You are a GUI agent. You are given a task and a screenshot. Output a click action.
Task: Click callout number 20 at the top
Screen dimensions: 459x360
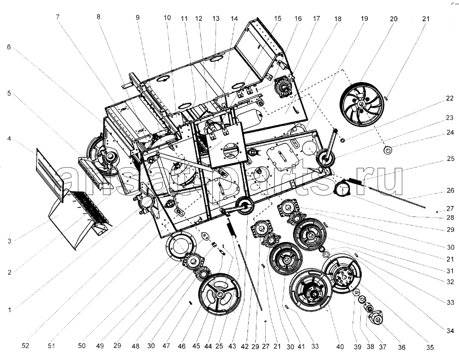[x=394, y=19]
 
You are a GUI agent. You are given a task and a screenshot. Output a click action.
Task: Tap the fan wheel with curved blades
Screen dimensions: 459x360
[x=362, y=104]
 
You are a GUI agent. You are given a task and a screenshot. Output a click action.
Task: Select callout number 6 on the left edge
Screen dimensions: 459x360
[x=9, y=47]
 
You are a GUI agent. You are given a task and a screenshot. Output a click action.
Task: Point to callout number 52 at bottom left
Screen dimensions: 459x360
[x=25, y=345]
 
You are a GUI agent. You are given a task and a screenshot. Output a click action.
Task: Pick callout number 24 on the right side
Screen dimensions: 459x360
[x=450, y=133]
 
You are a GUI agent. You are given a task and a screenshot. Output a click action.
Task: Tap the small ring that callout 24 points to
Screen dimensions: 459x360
[x=388, y=151]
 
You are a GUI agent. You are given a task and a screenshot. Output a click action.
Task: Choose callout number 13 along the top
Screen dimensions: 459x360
[x=216, y=19]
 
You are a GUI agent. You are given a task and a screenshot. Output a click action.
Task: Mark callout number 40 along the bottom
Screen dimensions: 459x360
[x=340, y=347]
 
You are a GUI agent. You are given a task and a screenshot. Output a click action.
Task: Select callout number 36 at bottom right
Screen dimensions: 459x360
[x=402, y=347]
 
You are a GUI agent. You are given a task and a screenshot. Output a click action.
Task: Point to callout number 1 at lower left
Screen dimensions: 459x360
[x=10, y=310]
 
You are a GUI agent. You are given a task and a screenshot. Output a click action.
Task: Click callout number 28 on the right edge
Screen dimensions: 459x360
[x=450, y=217]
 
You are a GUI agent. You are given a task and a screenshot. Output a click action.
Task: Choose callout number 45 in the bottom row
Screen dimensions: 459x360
[x=196, y=346]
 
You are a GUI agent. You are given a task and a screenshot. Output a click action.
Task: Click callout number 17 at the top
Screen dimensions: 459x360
[x=316, y=19]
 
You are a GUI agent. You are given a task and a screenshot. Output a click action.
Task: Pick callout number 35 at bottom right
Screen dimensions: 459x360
[x=430, y=348]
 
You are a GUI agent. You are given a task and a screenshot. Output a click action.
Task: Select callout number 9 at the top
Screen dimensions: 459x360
[x=138, y=17]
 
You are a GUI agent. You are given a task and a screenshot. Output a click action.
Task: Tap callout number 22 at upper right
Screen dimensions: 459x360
[x=449, y=99]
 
